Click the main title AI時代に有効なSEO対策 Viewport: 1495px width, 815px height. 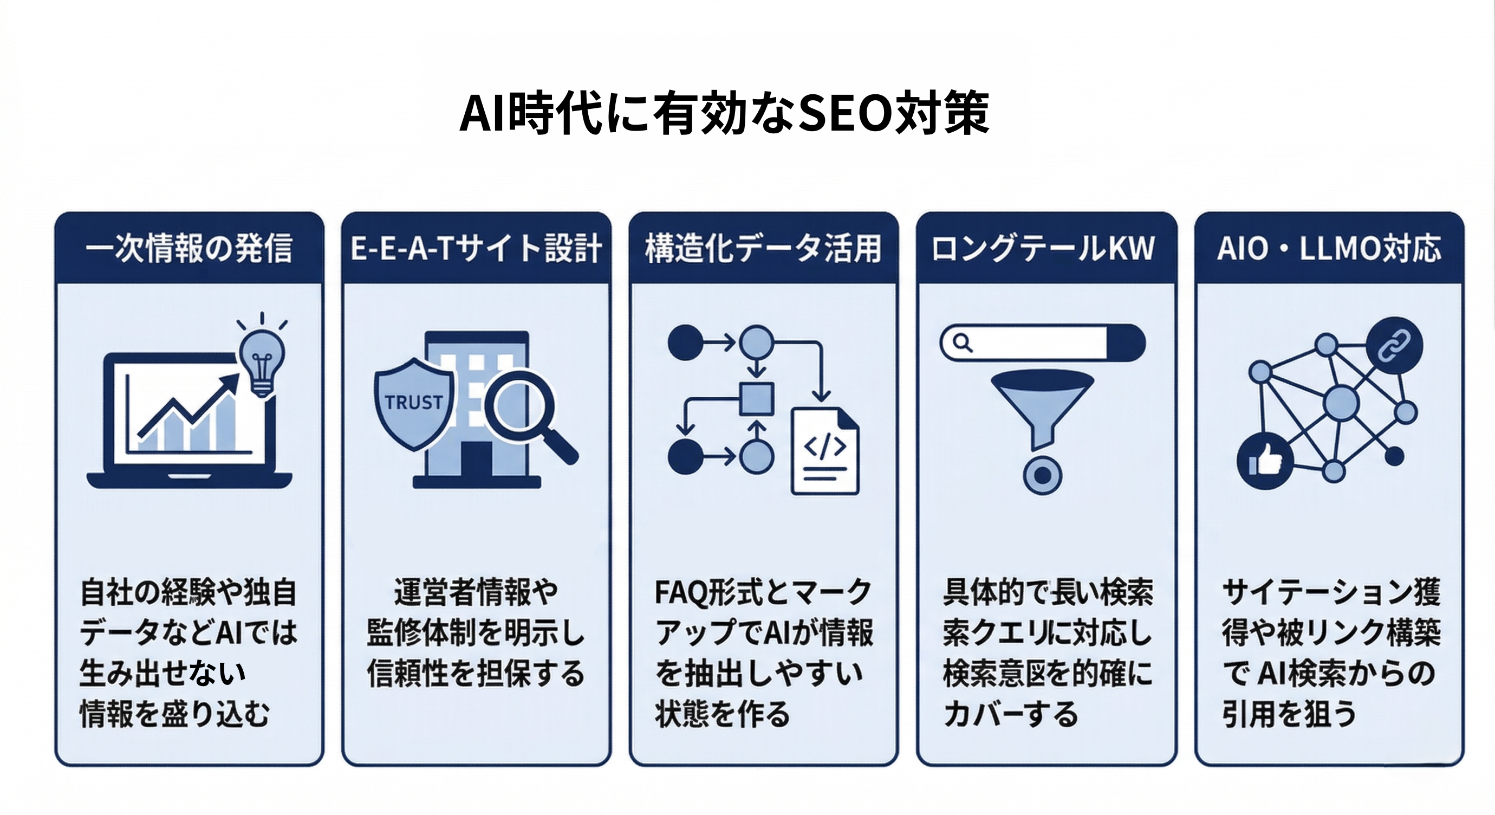coord(724,113)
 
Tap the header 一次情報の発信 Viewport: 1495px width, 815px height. coord(189,248)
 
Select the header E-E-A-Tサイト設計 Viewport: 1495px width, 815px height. coord(476,248)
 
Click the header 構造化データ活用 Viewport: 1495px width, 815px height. coord(763,248)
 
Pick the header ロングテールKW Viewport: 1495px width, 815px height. coord(1043,248)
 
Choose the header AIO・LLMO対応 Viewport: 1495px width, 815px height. coord(1329,248)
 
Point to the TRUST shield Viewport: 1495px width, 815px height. coord(413,403)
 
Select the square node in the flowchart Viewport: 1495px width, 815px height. coord(756,399)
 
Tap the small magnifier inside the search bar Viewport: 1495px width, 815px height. coord(962,343)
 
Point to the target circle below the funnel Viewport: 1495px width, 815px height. coord(1042,475)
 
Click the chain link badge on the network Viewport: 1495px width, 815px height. coord(1394,345)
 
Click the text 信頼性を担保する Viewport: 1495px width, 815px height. coord(476,674)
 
